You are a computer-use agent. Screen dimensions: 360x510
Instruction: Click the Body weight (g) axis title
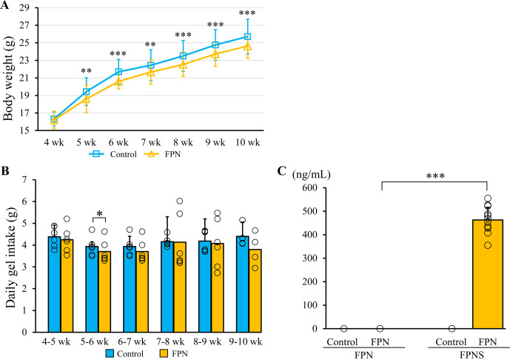[10, 71]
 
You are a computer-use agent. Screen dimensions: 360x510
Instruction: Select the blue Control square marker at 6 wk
[118, 72]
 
